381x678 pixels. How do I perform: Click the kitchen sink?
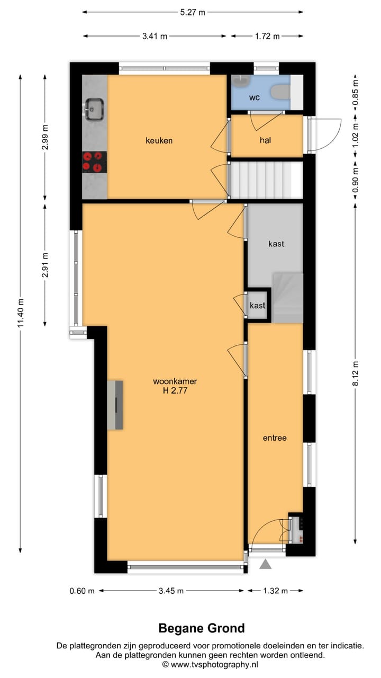(x=94, y=110)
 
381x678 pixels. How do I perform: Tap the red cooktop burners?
(x=94, y=162)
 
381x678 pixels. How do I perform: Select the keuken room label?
(x=159, y=140)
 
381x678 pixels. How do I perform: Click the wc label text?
(x=255, y=97)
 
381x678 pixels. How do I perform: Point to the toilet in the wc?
(x=279, y=92)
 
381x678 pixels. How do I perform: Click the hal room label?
(x=266, y=140)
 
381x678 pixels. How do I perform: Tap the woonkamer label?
(x=171, y=381)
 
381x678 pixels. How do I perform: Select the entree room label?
(x=275, y=438)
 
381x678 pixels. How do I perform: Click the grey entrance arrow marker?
(x=266, y=565)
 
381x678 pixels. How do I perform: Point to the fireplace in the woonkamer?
(x=115, y=405)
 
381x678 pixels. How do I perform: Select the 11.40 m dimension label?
(x=21, y=313)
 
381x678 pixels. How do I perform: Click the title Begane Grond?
(x=202, y=628)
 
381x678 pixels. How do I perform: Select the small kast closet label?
(x=258, y=306)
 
